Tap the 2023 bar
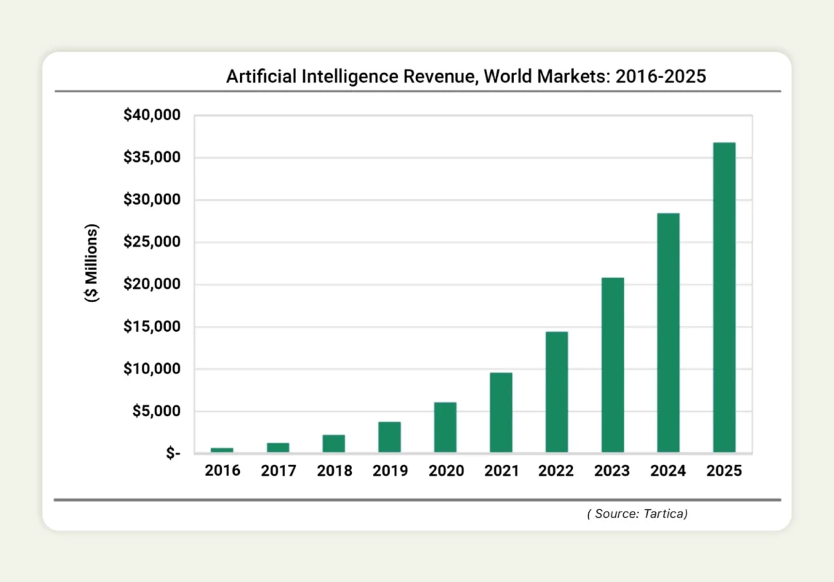[x=612, y=364]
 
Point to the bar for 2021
[x=501, y=412]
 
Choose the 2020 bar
[x=445, y=427]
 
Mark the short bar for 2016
[x=222, y=450]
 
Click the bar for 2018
[x=334, y=444]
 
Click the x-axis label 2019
[x=390, y=471]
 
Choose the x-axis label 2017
[x=278, y=471]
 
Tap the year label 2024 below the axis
[x=668, y=471]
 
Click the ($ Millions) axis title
[x=92, y=263]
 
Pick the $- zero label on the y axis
[x=173, y=454]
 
